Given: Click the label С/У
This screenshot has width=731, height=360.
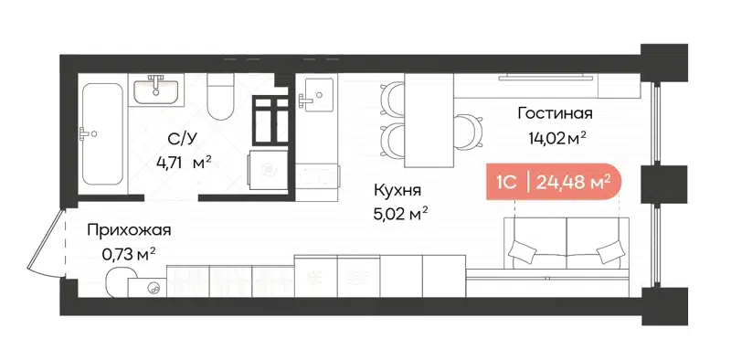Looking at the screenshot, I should coord(179,139).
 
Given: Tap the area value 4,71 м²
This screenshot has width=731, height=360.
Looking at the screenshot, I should coord(184,164).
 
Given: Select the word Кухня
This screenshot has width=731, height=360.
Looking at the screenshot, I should coord(397,191).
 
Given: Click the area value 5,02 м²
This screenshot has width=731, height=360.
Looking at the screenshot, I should coord(401,215).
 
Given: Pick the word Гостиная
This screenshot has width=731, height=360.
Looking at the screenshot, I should coord(555,114).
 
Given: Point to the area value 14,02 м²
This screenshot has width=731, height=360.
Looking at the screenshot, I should coord(556,139).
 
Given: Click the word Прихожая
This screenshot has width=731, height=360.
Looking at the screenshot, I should coord(129,231).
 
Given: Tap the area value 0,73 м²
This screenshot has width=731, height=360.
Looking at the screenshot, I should coord(127,255).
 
